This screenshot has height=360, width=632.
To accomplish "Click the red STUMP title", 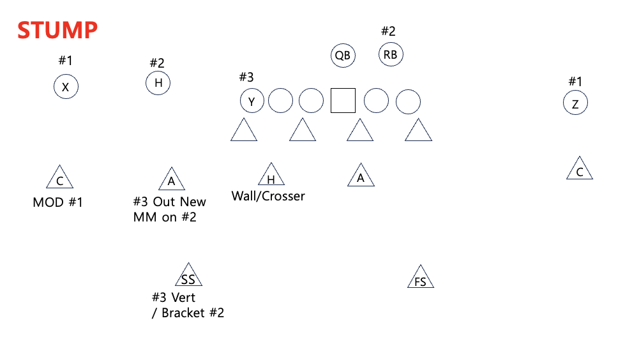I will click(x=57, y=30).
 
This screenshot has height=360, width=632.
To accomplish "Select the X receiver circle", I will click(x=66, y=87).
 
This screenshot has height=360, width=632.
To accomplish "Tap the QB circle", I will click(x=343, y=56).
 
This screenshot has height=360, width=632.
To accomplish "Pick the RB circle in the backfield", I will click(x=391, y=55).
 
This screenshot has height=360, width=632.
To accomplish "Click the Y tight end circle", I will click(x=252, y=101).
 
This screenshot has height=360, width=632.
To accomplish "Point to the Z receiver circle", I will click(x=575, y=103).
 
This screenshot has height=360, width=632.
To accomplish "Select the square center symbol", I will click(x=343, y=101).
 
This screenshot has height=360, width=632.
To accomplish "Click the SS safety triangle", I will click(x=188, y=276).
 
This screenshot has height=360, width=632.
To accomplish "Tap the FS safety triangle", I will click(x=420, y=278).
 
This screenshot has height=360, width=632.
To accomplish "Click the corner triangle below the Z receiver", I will click(x=580, y=170).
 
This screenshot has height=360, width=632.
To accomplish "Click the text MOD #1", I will click(x=58, y=203).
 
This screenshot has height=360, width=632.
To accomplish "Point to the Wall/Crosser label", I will click(x=268, y=196).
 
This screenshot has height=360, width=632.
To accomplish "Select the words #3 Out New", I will click(x=170, y=202).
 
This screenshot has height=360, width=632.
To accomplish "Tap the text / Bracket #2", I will click(x=188, y=313).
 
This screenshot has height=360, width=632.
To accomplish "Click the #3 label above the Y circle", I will click(x=246, y=77).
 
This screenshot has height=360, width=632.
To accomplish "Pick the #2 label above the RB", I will click(x=388, y=31).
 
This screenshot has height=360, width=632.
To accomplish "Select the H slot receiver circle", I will click(x=158, y=83).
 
